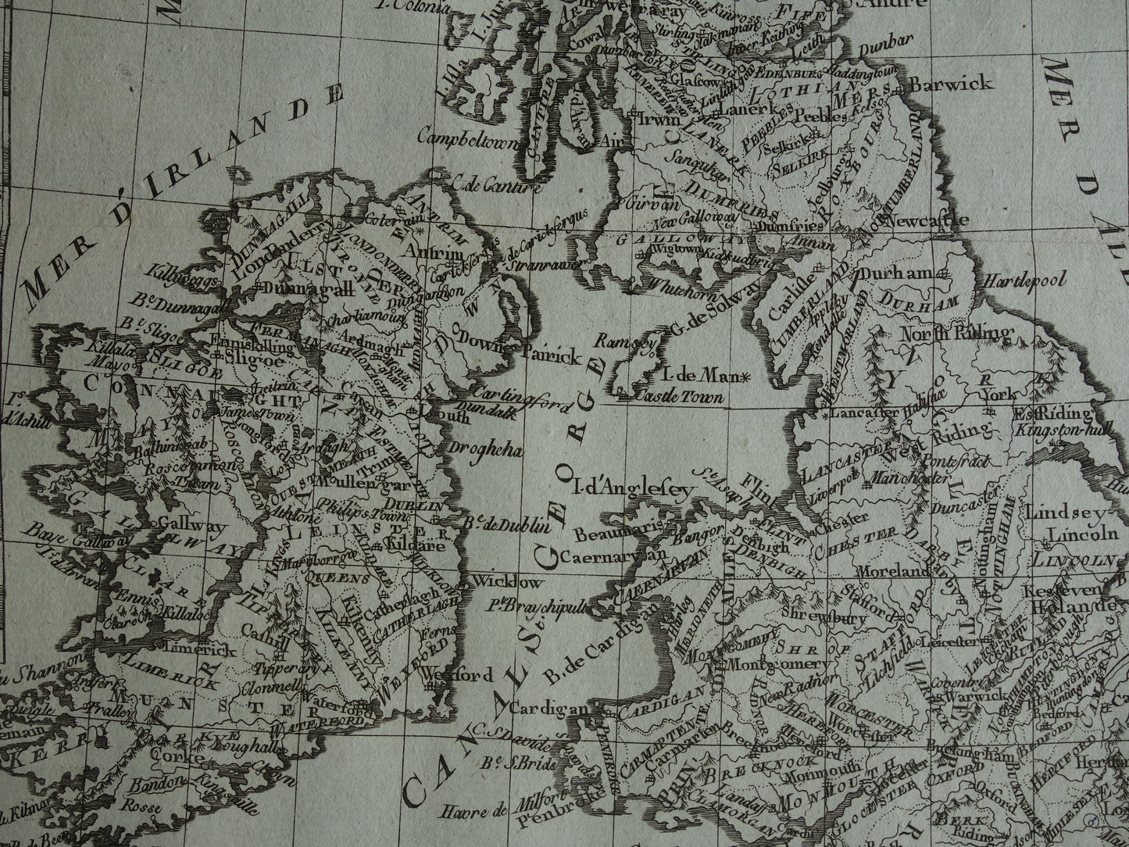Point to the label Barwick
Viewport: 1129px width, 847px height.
(x=952, y=83)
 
